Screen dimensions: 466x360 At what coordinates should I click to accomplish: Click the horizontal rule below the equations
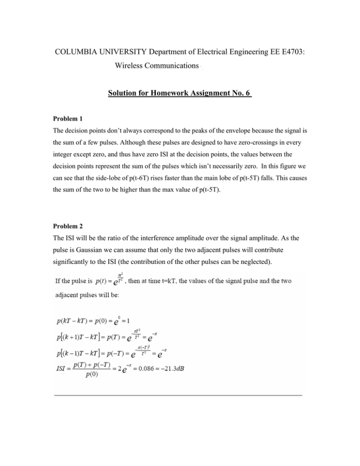click(x=178, y=396)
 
